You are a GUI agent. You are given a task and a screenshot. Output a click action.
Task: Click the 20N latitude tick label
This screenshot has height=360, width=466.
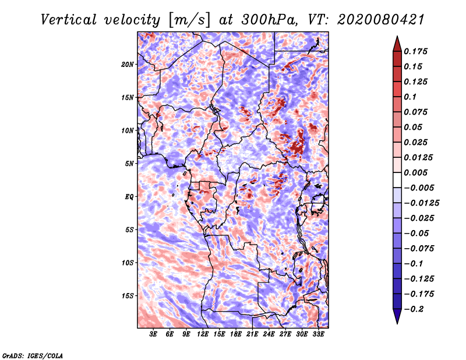(x=128, y=64)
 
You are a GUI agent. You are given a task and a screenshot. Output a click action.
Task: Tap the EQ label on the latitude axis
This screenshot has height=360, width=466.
(x=129, y=197)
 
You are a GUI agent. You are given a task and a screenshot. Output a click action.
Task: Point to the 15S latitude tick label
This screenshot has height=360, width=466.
(x=128, y=296)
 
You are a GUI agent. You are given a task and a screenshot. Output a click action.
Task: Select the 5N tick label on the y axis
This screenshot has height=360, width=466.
(x=129, y=164)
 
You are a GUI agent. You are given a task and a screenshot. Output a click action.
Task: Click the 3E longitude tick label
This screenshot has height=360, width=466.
(x=153, y=334)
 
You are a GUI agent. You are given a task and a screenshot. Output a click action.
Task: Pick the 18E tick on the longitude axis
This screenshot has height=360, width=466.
(x=236, y=334)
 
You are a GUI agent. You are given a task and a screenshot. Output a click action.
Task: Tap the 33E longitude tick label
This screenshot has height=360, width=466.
(x=318, y=334)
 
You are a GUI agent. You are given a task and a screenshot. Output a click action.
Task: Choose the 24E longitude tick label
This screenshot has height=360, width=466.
(x=269, y=334)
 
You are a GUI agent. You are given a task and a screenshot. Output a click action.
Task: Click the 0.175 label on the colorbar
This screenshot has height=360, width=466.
(x=415, y=51)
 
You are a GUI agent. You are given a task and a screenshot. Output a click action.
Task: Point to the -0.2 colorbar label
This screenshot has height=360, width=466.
(x=414, y=309)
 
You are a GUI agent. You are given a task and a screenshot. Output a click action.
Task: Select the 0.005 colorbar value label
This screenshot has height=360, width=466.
(x=415, y=172)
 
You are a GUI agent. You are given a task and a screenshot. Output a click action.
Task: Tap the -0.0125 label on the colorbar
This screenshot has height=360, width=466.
(x=421, y=203)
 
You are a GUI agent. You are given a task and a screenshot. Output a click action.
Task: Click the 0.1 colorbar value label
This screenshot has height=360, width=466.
(x=410, y=97)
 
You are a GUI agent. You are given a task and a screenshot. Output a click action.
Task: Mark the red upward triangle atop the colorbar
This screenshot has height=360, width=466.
(x=397, y=44)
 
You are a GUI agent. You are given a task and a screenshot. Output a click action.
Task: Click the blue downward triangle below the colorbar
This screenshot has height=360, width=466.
(x=397, y=316)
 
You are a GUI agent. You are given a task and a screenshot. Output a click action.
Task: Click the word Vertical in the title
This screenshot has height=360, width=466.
(x=68, y=20)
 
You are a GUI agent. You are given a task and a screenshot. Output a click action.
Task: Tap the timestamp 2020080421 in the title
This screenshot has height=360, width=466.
(x=381, y=20)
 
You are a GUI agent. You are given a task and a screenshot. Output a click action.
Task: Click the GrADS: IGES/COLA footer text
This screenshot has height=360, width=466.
(x=33, y=355)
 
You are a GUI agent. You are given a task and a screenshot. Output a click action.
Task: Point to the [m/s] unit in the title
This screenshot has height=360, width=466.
(x=189, y=20)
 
